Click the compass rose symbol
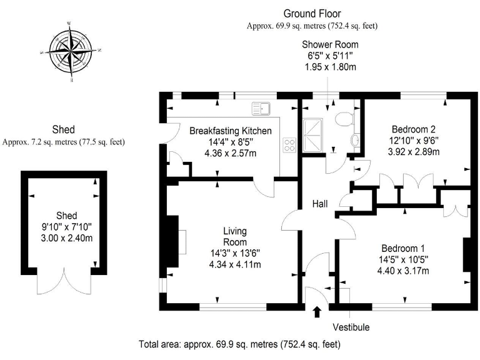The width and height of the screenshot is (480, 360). (x=70, y=51)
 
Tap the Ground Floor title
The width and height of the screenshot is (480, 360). (x=312, y=13)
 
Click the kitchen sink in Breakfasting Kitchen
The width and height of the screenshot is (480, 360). (x=262, y=109)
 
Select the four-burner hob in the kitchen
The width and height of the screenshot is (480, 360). (x=290, y=146)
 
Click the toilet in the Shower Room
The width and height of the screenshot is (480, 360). (x=345, y=117)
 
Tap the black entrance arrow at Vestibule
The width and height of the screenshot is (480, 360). (x=316, y=311)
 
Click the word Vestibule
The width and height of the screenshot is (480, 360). (x=351, y=327)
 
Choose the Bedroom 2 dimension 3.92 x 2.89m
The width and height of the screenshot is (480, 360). (x=414, y=152)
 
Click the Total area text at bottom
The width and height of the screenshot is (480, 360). (x=239, y=344)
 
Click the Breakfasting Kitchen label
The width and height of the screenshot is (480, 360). (x=231, y=131)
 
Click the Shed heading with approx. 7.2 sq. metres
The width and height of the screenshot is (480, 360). (x=63, y=130)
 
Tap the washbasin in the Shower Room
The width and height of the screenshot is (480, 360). (x=355, y=140)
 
